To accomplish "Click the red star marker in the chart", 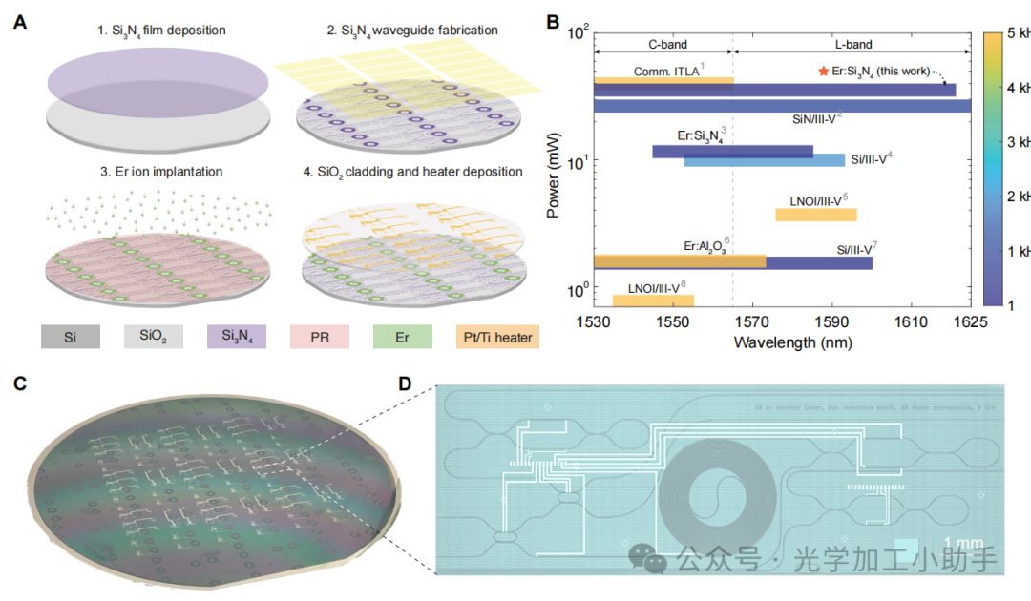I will pos(823,72).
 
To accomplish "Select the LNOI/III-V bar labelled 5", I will pos(815,215).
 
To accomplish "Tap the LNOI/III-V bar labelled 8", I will pos(653,300).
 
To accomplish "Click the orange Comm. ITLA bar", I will pos(663,81).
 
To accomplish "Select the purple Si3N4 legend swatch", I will pos(236,336).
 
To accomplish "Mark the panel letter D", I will pos(405,383).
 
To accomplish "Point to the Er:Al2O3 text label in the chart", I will pos(705,246).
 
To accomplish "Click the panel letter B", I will pos(553,21).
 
